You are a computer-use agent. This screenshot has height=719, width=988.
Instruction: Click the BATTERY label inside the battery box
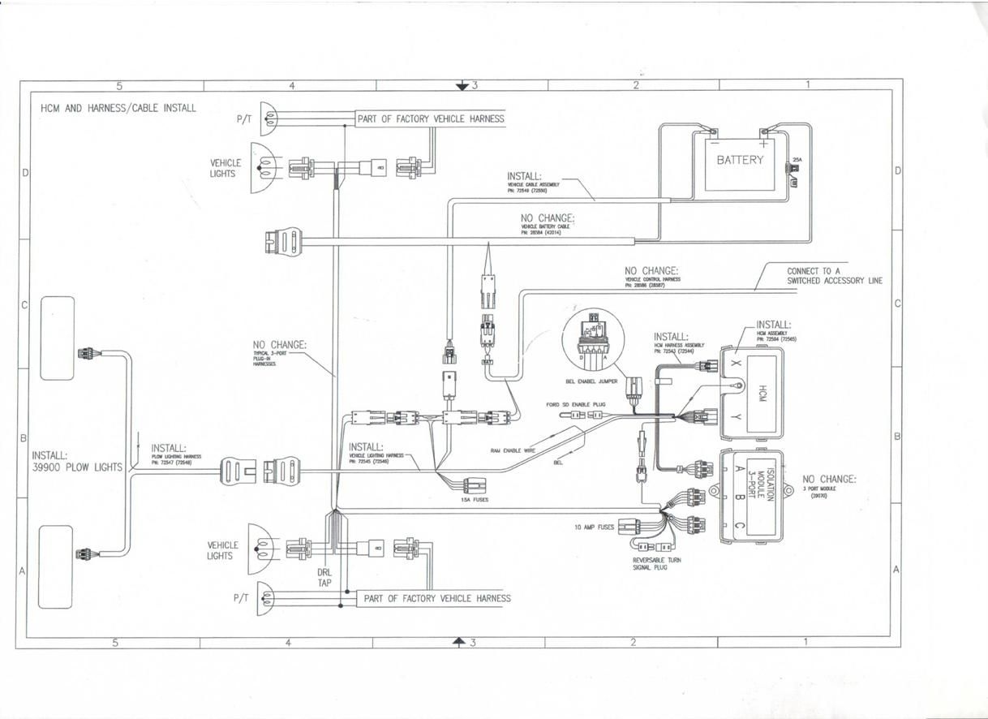coord(739,160)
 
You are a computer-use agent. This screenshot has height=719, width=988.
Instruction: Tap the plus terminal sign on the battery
coord(764,144)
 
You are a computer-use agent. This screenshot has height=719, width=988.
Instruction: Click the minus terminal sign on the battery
coord(714,144)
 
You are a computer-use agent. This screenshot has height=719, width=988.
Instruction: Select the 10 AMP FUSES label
coord(594,527)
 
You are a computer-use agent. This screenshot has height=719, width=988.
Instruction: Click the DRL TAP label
coord(325,576)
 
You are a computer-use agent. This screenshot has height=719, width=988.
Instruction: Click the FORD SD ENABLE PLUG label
coord(576,403)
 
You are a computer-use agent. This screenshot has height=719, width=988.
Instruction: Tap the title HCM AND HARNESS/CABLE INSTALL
coord(118,108)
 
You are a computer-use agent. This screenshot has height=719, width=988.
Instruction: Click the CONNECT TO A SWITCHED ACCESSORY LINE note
coord(834,276)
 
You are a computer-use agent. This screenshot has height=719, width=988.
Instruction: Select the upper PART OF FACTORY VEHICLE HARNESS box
coord(431,118)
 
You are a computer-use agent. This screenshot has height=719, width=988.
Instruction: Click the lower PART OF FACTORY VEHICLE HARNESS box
coord(437,598)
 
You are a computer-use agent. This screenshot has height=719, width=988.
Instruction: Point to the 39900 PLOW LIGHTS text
coord(77,467)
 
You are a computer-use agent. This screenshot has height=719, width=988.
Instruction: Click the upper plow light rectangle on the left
coord(58,337)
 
